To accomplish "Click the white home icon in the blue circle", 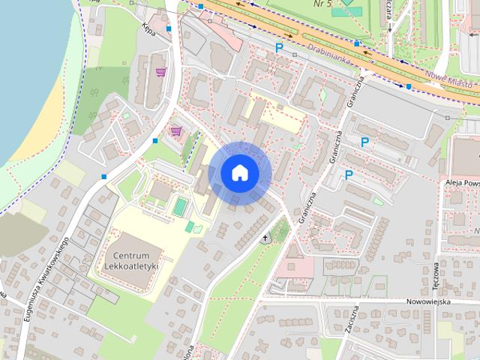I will (238, 173).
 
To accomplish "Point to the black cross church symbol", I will (265, 238).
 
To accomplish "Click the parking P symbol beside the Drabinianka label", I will (280, 48).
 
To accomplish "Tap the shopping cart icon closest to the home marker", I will (175, 130).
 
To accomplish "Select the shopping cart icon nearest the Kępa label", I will (160, 73).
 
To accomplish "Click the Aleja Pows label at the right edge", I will (460, 182).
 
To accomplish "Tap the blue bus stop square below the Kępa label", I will (169, 28).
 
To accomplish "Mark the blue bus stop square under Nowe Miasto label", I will (409, 86).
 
